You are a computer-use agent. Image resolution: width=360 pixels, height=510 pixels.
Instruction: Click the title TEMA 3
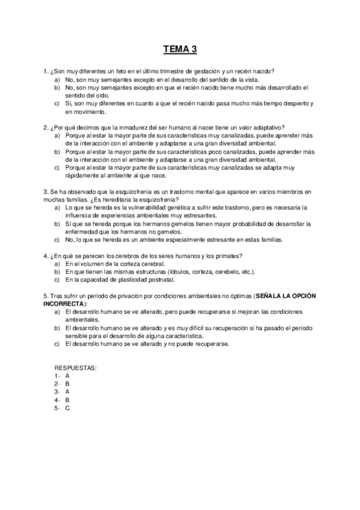(x=180, y=49)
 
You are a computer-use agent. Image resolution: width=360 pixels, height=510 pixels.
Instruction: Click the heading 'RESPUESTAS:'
(x=75, y=367)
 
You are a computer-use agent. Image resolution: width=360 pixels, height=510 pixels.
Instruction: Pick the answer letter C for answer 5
(x=68, y=407)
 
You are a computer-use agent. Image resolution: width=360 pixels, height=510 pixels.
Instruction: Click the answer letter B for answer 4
(x=68, y=399)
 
